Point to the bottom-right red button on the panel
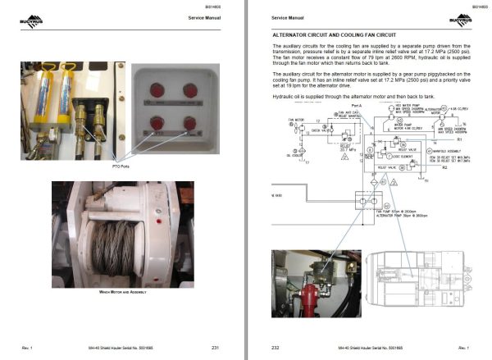coord(189,124)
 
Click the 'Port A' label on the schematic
coord(355,106)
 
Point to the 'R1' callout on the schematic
coord(460,140)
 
